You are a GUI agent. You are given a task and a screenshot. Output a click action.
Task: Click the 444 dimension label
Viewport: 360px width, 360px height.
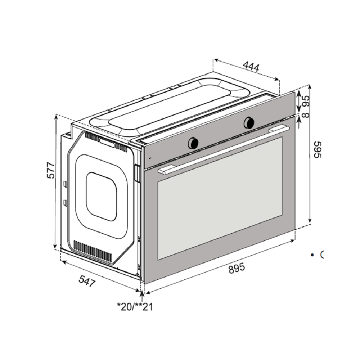pos(251,67)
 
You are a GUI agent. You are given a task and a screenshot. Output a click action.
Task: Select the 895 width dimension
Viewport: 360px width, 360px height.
pos(237,268)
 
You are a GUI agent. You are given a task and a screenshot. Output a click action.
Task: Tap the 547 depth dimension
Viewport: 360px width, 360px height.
pos(87,281)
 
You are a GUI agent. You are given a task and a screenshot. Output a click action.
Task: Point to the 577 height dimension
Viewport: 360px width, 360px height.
pos(51,170)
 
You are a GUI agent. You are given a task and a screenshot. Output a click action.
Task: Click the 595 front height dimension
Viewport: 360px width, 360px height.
pos(318,149)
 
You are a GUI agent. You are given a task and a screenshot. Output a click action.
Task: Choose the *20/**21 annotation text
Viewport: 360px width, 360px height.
pos(135,307)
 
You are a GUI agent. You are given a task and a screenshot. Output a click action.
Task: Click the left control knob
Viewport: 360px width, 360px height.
pos(193,143)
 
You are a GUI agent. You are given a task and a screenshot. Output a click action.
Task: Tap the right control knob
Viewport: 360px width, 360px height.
pos(249,122)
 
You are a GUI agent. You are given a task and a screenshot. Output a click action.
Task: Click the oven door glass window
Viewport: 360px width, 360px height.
pos(220,198)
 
